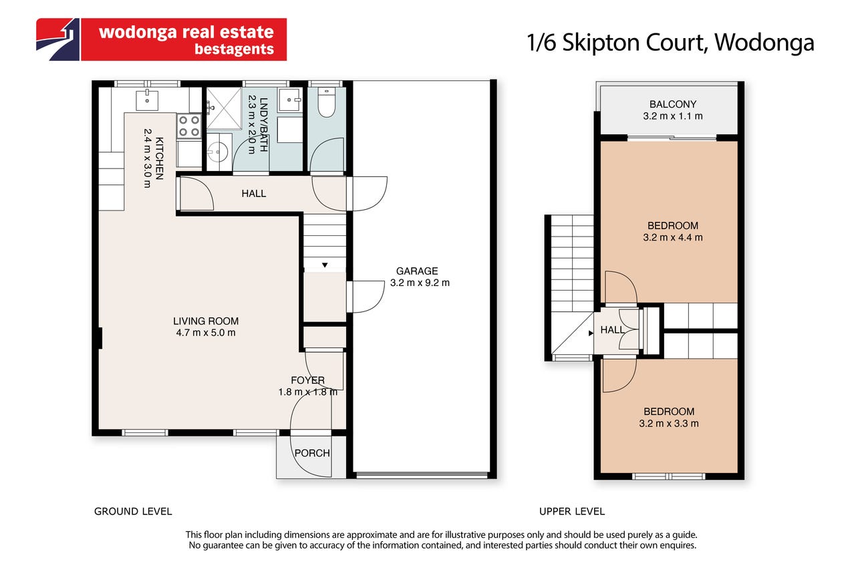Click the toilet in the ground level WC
pos(327,102)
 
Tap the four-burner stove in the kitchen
pos(189,126)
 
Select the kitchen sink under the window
pos(147,100)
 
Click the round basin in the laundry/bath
pos(219,152)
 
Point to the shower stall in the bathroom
pos(224,108)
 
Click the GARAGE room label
pos(417,271)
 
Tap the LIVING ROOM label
pos(206,321)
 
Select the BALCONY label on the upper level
pos(673,104)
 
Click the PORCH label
pos(312,453)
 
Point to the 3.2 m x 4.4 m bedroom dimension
pos(673,237)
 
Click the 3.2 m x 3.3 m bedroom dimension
pos(669,424)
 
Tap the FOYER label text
pos(307,380)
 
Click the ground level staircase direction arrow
pos(325,265)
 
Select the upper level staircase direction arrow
pos(591,333)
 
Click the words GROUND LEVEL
pos(133,511)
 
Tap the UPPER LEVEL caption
pos(572,511)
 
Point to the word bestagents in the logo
pos(234,49)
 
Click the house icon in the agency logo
pos(58,39)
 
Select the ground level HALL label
pos(253,194)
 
